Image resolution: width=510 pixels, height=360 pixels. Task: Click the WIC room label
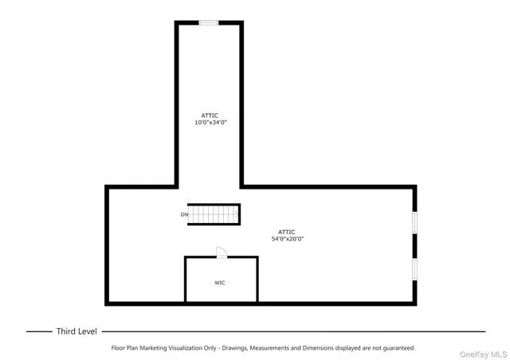click(x=219, y=283)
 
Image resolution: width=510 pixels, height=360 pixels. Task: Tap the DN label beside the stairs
click(x=184, y=214)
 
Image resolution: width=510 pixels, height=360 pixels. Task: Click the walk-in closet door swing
click(x=222, y=252)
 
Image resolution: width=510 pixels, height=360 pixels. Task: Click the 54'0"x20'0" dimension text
click(x=287, y=239)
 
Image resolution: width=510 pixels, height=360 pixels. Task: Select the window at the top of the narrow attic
click(x=209, y=22)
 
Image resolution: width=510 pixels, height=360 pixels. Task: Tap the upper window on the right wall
click(x=414, y=222)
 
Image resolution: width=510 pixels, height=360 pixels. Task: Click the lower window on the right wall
click(x=414, y=268)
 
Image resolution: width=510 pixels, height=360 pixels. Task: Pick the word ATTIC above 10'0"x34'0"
click(x=210, y=115)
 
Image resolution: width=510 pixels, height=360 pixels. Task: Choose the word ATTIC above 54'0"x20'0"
click(x=287, y=232)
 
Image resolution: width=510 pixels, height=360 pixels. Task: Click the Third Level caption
click(x=76, y=331)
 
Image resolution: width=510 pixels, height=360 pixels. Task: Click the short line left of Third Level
click(x=38, y=331)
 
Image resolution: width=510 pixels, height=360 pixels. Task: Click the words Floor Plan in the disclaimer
click(x=125, y=348)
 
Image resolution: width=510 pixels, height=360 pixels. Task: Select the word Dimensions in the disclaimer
click(x=321, y=348)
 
